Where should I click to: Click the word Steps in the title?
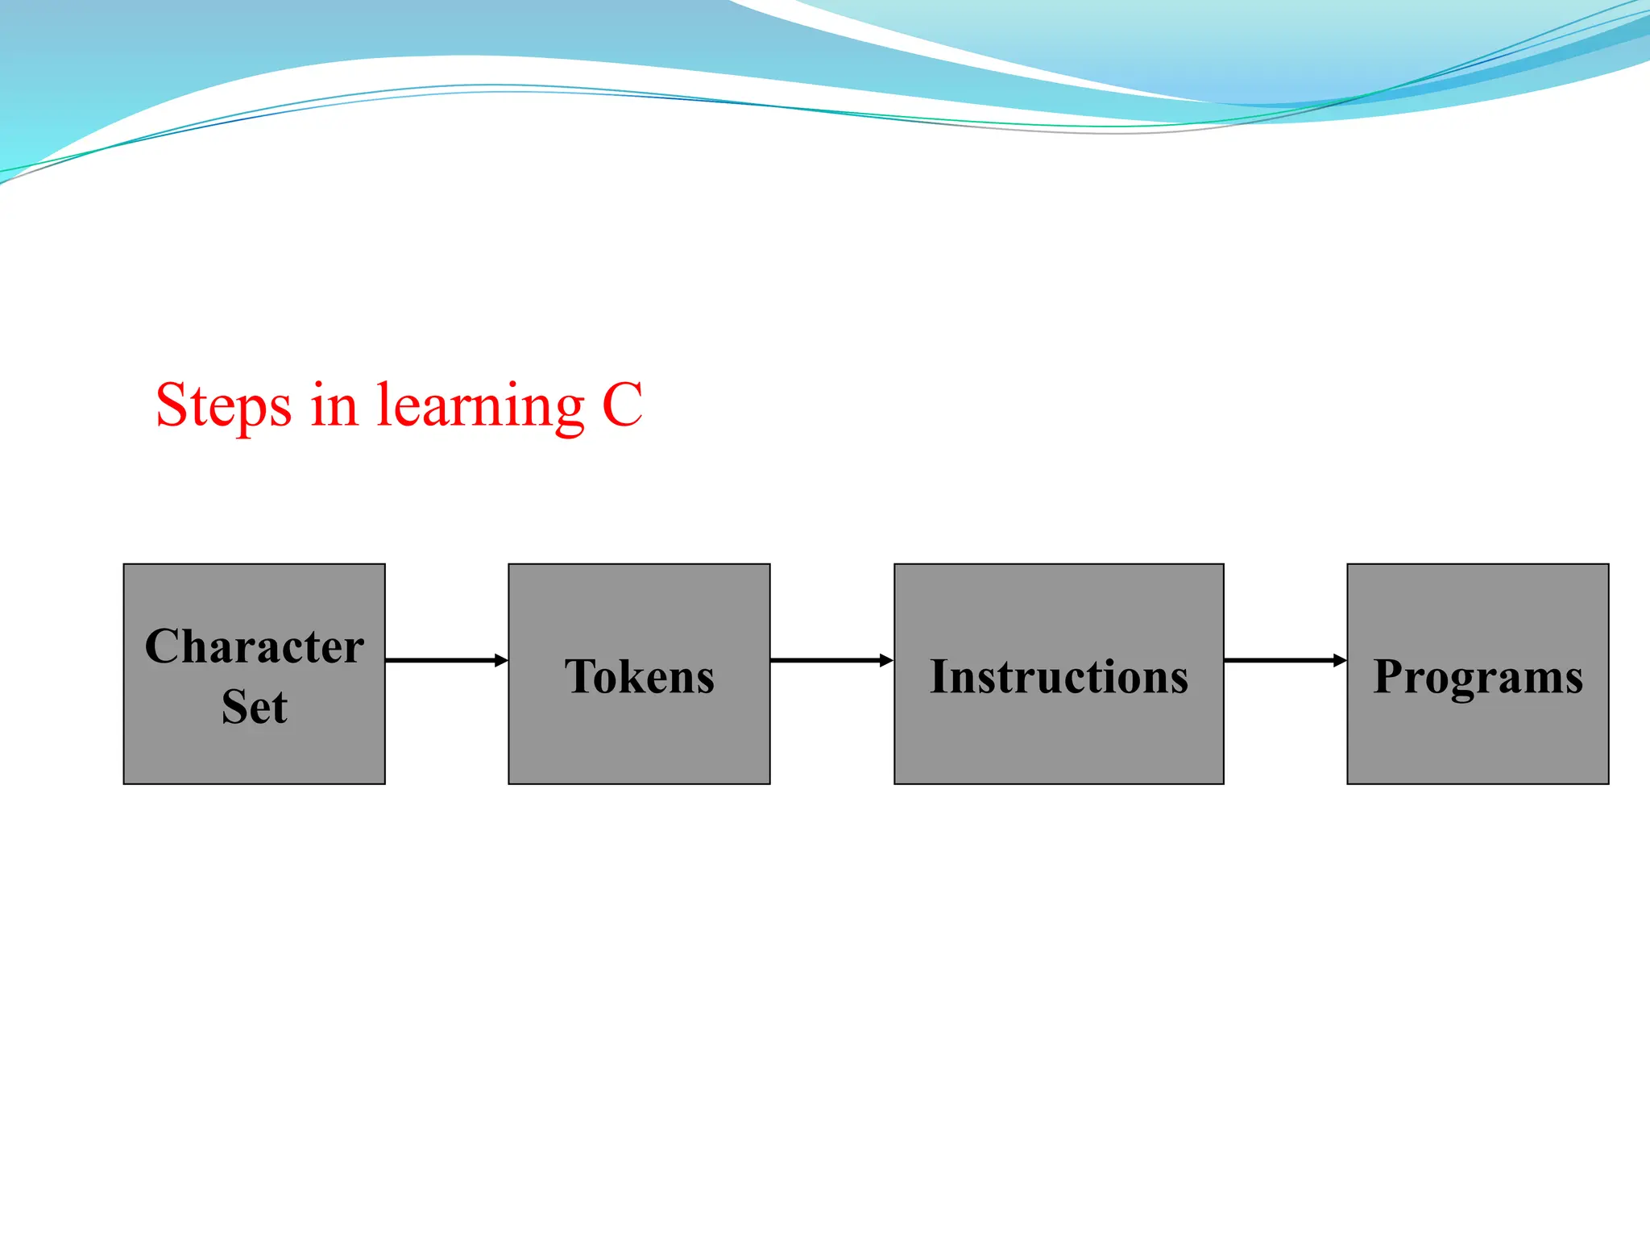click(x=223, y=405)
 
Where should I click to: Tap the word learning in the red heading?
click(x=481, y=405)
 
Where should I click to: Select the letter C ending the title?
click(x=622, y=405)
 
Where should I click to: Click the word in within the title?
click(x=334, y=405)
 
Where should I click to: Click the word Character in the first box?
click(x=255, y=646)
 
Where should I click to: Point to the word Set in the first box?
click(x=255, y=707)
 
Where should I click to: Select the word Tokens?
click(x=639, y=676)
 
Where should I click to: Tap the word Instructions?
click(x=1059, y=676)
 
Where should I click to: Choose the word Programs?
click(x=1478, y=676)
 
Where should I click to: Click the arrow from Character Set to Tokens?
click(x=446, y=660)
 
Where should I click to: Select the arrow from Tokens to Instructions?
click(x=831, y=660)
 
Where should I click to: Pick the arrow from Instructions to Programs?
click(x=1284, y=660)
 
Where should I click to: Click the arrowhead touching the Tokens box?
click(x=501, y=660)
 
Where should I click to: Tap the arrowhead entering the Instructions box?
click(x=886, y=660)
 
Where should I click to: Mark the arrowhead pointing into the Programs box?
click(x=1339, y=660)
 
